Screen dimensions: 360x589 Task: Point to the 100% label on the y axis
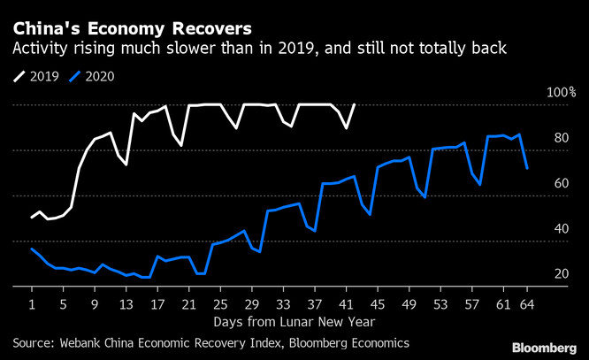[x=561, y=93]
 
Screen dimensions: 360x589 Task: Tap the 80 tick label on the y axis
[x=561, y=138]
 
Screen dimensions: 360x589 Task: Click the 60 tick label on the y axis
[x=561, y=183]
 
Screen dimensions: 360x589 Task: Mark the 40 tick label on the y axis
[x=561, y=228]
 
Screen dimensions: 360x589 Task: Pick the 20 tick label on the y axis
[x=561, y=274]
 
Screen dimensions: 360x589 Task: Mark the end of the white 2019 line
[x=355, y=104]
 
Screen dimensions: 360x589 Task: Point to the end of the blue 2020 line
[x=527, y=168]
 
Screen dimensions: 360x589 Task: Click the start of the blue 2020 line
[x=32, y=249]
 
